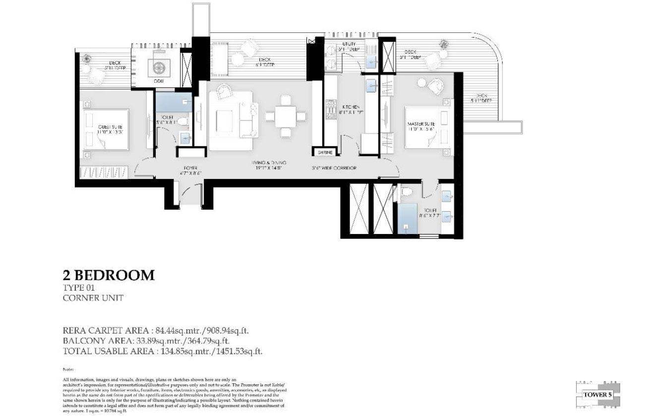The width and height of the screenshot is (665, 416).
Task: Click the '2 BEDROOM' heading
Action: click(x=109, y=275)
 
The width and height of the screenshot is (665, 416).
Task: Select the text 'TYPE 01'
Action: click(x=78, y=288)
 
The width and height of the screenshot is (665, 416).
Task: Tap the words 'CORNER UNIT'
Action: click(x=93, y=298)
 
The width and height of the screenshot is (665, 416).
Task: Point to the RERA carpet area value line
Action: click(x=159, y=330)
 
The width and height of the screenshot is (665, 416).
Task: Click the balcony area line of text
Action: click(x=146, y=341)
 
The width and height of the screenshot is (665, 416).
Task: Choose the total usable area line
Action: click(x=163, y=351)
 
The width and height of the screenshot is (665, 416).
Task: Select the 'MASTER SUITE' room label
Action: click(x=422, y=123)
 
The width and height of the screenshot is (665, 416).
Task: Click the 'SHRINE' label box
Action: click(x=325, y=153)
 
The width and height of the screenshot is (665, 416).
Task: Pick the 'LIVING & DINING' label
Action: click(x=269, y=163)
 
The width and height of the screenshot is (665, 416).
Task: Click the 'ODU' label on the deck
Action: click(x=159, y=81)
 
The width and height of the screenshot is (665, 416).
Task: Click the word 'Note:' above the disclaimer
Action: click(x=68, y=369)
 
